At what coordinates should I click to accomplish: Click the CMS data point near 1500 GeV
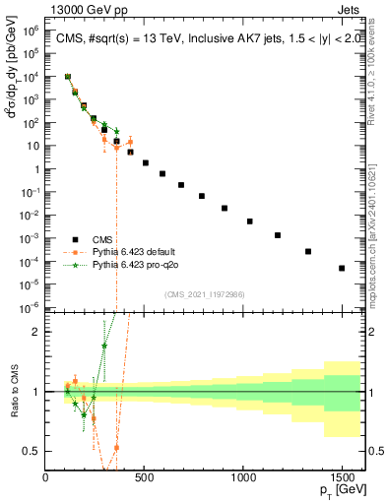coord(342,268)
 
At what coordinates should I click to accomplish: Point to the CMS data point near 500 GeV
coord(146,162)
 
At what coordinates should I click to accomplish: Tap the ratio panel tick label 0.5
coord(32,451)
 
